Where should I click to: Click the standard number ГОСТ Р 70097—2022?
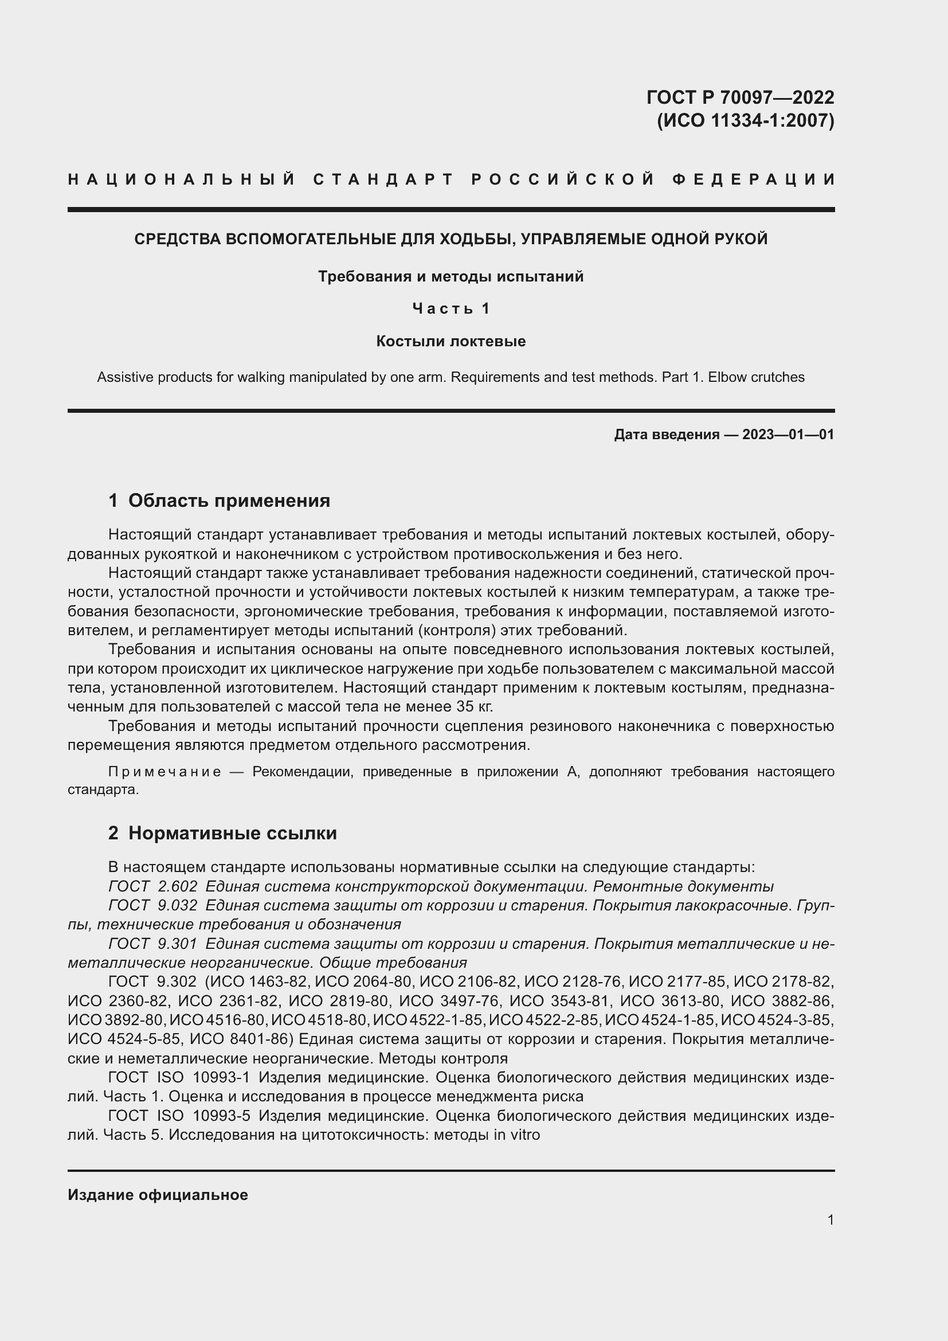pyautogui.click(x=739, y=97)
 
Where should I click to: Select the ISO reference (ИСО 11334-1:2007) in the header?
pyautogui.click(x=746, y=121)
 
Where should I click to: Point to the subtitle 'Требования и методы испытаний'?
pyautogui.click(x=451, y=276)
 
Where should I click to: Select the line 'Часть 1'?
pyautogui.click(x=451, y=308)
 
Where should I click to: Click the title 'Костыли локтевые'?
pyautogui.click(x=451, y=341)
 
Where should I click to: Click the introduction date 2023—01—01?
pyautogui.click(x=788, y=435)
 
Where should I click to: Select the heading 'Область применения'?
pyautogui.click(x=229, y=501)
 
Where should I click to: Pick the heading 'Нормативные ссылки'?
pyautogui.click(x=232, y=834)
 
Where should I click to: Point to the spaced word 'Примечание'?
pyautogui.click(x=164, y=772)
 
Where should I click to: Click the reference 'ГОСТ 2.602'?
pyautogui.click(x=153, y=886)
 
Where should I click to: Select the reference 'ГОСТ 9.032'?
pyautogui.click(x=153, y=906)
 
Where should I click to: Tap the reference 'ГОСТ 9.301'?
pyautogui.click(x=153, y=944)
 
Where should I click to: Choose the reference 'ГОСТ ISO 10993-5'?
pyautogui.click(x=179, y=1116)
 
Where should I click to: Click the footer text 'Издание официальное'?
pyautogui.click(x=158, y=1195)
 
